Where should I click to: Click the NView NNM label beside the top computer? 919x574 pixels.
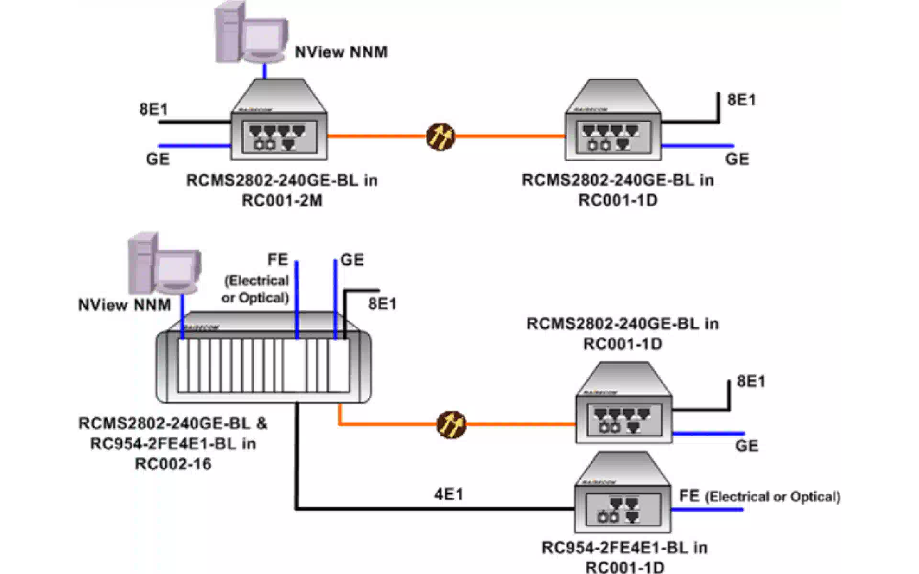coord(341,52)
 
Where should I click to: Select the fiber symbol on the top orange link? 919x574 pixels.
coord(440,137)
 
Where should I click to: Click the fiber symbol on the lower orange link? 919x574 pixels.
coord(451,424)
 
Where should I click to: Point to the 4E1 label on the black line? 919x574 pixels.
coord(448,494)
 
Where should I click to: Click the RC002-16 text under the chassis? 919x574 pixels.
coord(173,464)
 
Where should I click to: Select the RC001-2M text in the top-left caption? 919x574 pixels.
coord(281,200)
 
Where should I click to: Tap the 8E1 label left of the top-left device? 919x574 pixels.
coord(154,109)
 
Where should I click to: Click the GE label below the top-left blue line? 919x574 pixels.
coord(158,159)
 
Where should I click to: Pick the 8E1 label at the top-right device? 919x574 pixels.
coord(741,100)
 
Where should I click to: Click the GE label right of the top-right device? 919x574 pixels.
coord(737,159)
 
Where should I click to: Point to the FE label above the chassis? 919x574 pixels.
coord(278,260)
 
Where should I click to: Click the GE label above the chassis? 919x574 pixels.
coord(352,260)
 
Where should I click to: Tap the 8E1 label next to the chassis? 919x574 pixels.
coord(382,304)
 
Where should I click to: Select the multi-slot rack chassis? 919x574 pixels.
coord(263,359)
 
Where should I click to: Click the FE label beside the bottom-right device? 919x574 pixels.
coord(689,497)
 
